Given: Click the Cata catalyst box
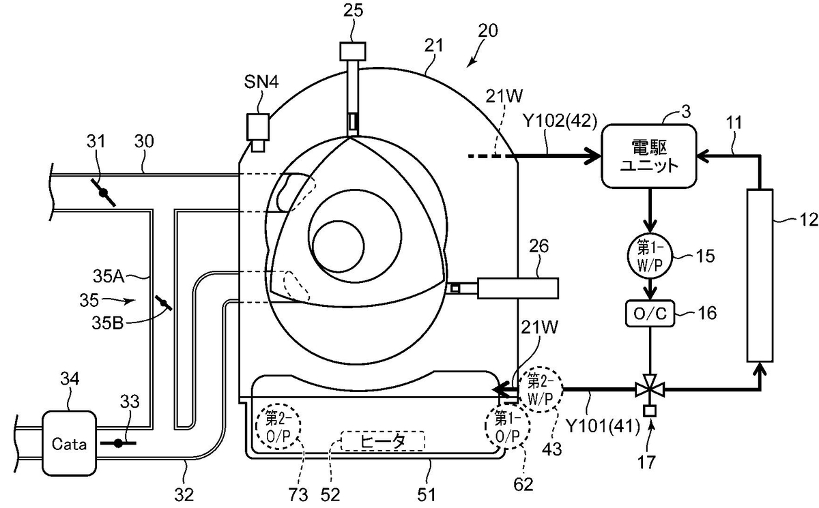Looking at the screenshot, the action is tap(69, 443).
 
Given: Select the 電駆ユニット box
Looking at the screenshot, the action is tap(649, 156).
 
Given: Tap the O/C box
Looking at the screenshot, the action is tap(650, 314).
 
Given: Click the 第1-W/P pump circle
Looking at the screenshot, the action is tap(650, 255).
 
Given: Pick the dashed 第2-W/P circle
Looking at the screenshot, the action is tap(541, 389).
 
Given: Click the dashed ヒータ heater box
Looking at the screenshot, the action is tap(383, 441).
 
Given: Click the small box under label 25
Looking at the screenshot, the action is tap(353, 52).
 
